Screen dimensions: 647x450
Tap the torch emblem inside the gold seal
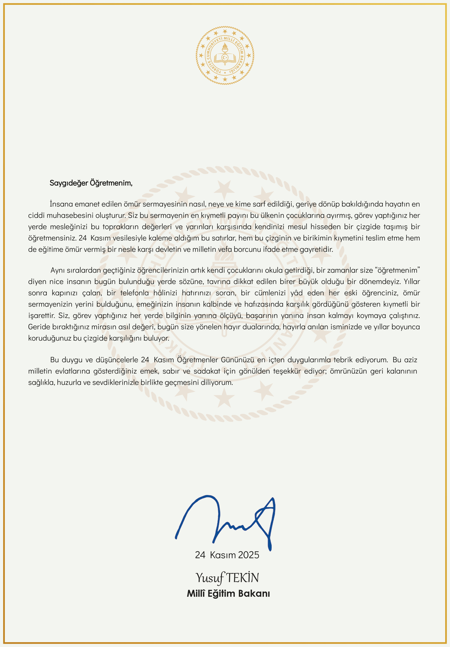click(x=225, y=48)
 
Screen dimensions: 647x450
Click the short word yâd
click(x=296, y=293)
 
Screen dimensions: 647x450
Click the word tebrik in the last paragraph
click(x=343, y=360)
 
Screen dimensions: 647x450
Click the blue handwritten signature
click(x=226, y=521)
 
